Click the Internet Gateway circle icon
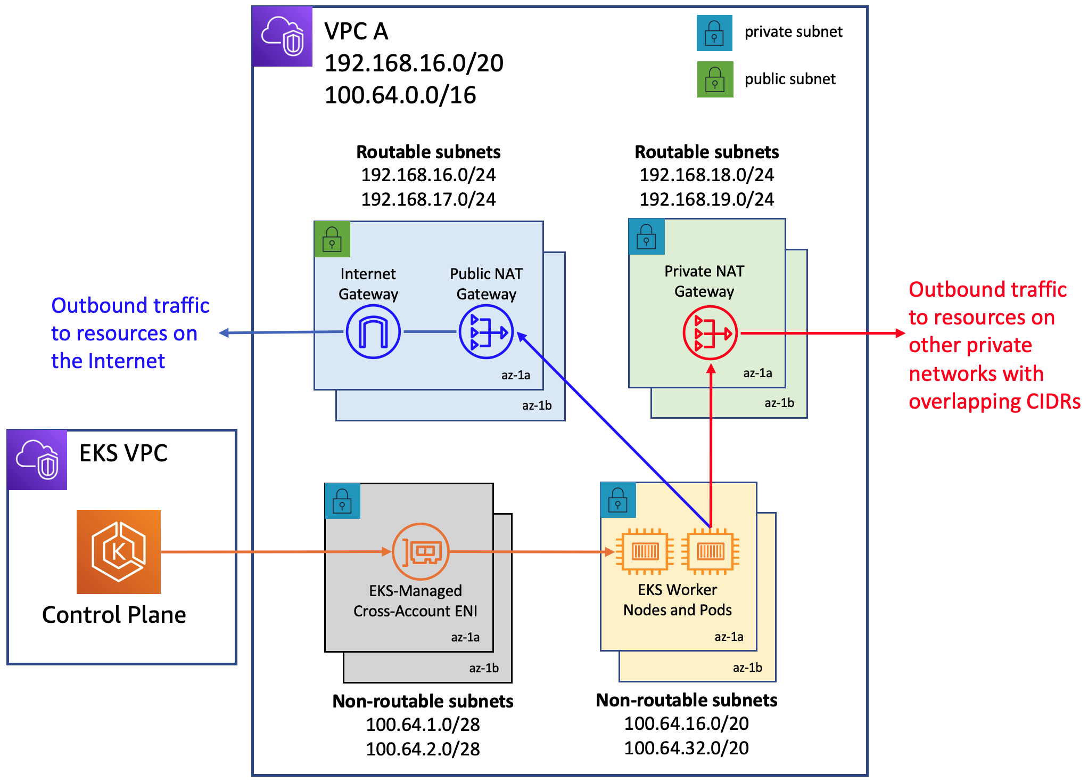[373, 332]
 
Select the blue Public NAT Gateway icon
[485, 332]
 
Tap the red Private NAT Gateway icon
[710, 333]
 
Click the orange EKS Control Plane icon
[119, 551]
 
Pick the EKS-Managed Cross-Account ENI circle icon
[421, 551]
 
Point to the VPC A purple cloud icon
[282, 36]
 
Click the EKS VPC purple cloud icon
[37, 460]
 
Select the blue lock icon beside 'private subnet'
[714, 33]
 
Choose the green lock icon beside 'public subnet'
[715, 79]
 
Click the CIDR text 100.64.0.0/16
[400, 95]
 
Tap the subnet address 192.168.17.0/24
[428, 199]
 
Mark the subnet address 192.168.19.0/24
[706, 199]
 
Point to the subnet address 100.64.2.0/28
[423, 749]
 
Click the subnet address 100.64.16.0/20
[686, 723]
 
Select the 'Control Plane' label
[114, 615]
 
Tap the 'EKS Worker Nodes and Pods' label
[677, 600]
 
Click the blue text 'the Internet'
[108, 361]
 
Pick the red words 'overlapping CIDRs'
[994, 402]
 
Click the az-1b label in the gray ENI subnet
[483, 668]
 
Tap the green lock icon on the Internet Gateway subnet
[332, 239]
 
